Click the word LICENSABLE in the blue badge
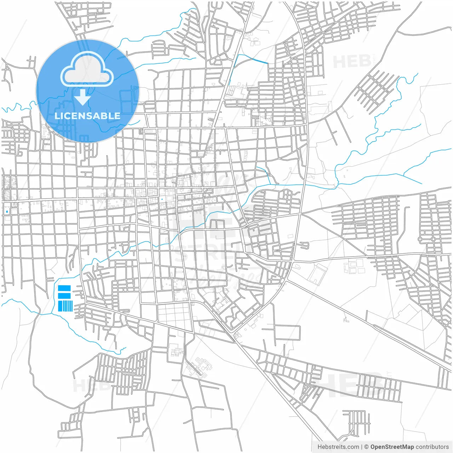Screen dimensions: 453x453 (87, 116)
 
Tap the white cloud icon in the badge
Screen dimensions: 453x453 (87, 70)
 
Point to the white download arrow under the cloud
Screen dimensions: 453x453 (83, 97)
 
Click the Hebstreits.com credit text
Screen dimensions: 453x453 (338, 447)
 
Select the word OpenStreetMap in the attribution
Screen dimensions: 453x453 (392, 447)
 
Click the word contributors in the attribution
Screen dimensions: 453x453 (432, 447)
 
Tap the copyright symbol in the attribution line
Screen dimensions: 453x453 (366, 447)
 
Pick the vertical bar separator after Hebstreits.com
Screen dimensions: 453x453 (361, 447)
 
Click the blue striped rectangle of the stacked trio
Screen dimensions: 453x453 (65, 306)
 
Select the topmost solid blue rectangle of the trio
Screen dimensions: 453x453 (64, 288)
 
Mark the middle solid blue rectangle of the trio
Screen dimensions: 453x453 (64, 296)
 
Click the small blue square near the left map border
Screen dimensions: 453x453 (7, 212)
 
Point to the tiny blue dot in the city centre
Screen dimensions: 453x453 (162, 199)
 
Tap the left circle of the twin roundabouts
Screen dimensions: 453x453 (420, 239)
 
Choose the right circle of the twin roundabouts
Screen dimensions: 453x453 (433, 239)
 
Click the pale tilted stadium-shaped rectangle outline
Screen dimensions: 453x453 (318, 274)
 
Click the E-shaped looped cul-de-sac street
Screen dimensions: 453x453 (304, 245)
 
